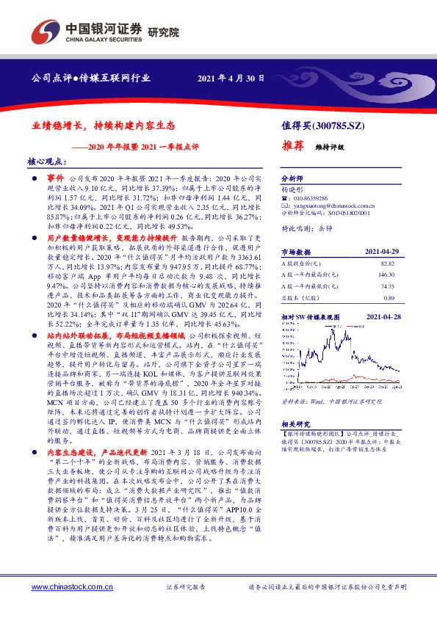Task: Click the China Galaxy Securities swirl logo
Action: point(45,32)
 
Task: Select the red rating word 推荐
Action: point(295,146)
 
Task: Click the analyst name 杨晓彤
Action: point(292,189)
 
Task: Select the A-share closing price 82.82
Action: point(388,263)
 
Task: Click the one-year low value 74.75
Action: point(388,287)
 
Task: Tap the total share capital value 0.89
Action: point(389,299)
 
